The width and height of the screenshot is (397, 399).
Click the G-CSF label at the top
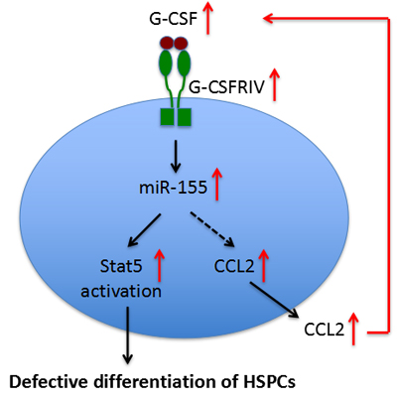click(173, 19)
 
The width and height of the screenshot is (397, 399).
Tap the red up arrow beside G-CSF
click(208, 18)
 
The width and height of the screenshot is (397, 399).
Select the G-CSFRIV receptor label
click(227, 87)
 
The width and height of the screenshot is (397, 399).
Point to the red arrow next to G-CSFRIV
click(274, 84)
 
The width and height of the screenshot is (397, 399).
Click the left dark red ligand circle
click(167, 43)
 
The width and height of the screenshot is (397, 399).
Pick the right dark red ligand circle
click(181, 43)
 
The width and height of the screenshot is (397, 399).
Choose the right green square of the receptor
click(185, 117)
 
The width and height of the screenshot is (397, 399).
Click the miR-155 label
click(173, 188)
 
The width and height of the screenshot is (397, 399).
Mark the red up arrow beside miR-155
click(217, 184)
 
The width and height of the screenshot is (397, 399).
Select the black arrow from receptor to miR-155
click(176, 156)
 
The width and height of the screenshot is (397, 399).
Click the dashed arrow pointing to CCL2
click(212, 229)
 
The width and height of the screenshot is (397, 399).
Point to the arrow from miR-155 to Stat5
click(144, 230)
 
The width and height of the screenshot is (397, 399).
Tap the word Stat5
click(121, 266)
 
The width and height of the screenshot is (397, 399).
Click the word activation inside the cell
click(121, 291)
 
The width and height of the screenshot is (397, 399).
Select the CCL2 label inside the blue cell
click(234, 266)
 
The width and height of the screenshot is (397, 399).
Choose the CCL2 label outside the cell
click(325, 330)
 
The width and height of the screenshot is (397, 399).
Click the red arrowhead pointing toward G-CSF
click(268, 19)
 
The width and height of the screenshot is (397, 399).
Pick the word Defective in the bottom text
click(50, 382)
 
